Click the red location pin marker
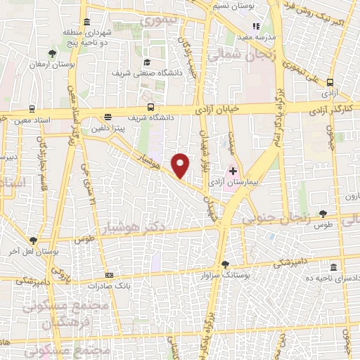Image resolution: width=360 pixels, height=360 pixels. pyautogui.click(x=181, y=164)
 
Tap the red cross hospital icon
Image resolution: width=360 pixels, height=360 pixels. pyautogui.click(x=233, y=171)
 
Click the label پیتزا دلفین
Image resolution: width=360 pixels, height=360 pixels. pyautogui.click(x=107, y=129)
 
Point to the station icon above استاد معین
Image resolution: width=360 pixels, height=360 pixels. pyautogui.click(x=32, y=109)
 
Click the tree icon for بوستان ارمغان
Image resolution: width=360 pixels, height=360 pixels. pyautogui.click(x=53, y=53)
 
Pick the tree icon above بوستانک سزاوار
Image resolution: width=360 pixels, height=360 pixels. pyautogui.click(x=225, y=265)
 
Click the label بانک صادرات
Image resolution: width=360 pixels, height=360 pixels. pyautogui.click(x=106, y=286)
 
